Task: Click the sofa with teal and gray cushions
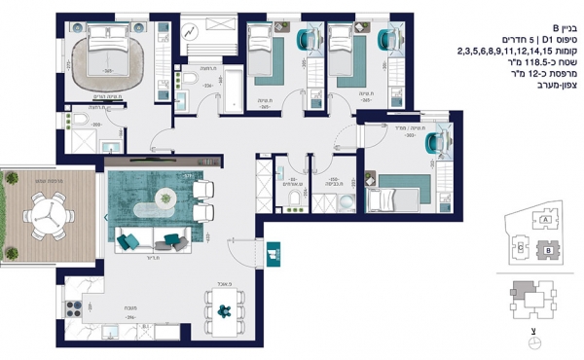tap(146, 237)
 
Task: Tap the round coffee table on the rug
tap(164, 199)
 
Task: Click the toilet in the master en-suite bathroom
tap(86, 122)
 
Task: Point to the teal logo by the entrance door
tap(274, 252)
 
